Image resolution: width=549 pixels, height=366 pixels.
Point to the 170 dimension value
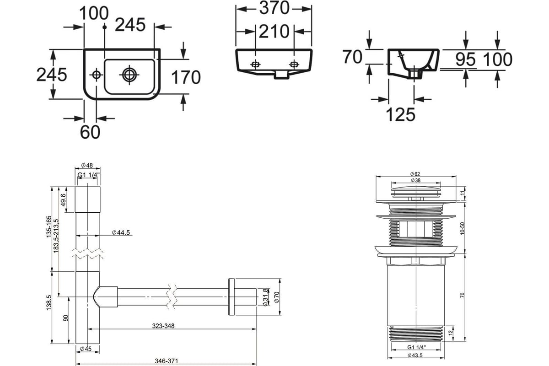pyautogui.click(x=186, y=77)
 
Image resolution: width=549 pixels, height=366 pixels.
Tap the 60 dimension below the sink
pyautogui.click(x=90, y=132)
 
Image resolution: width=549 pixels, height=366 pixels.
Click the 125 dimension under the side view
pyautogui.click(x=400, y=114)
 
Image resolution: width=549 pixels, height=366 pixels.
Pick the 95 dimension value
pyautogui.click(x=465, y=59)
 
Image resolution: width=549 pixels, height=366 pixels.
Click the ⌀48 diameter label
pyautogui.click(x=87, y=166)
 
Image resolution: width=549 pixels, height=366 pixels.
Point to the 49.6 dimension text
pyautogui.click(x=64, y=199)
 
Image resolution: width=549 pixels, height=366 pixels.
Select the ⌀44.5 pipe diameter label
pyautogui.click(x=121, y=233)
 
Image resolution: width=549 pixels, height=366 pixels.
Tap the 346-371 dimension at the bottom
pyautogui.click(x=165, y=361)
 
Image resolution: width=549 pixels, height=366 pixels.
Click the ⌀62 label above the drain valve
pyautogui.click(x=415, y=174)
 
